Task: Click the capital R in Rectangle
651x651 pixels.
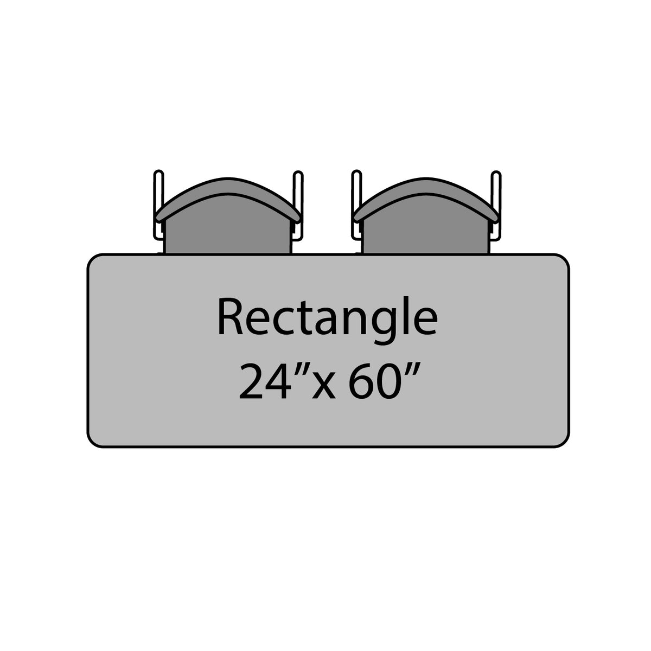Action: [229, 317]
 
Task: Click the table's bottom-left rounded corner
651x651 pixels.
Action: [92, 443]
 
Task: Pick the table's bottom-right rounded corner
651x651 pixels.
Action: [565, 443]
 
